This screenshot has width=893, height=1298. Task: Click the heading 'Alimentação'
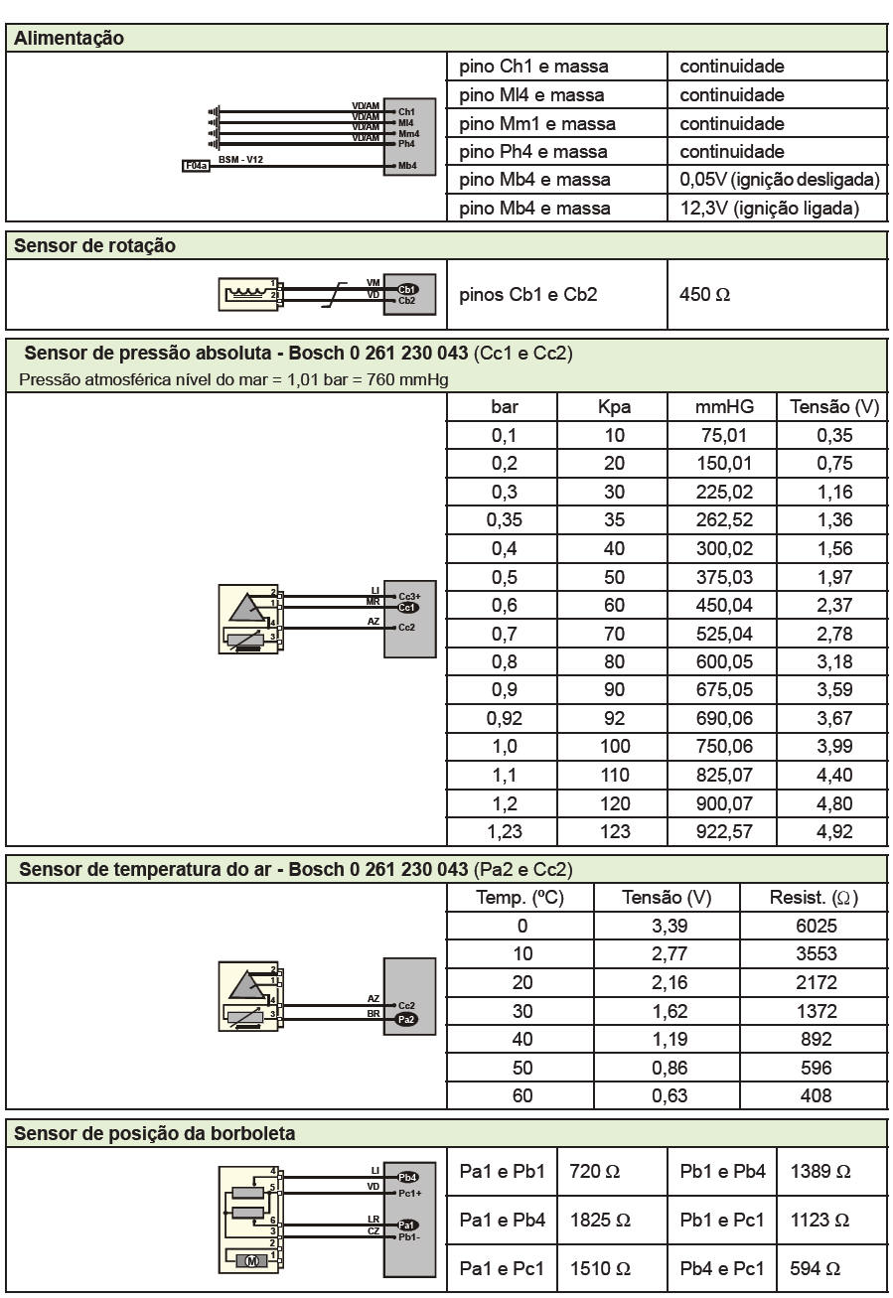tap(69, 39)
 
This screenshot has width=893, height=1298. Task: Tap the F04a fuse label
tap(195, 166)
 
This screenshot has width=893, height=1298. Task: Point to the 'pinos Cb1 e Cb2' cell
tap(528, 295)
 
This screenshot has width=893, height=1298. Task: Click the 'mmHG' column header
tap(724, 407)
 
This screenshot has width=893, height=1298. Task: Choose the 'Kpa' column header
tap(615, 407)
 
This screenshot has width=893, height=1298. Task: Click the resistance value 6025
tap(816, 926)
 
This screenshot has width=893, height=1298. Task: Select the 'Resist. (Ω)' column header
tap(815, 898)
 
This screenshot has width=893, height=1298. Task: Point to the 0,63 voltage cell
tap(668, 1096)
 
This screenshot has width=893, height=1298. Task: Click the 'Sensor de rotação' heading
tap(95, 245)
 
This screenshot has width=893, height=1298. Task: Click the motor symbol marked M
tap(251, 1260)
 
